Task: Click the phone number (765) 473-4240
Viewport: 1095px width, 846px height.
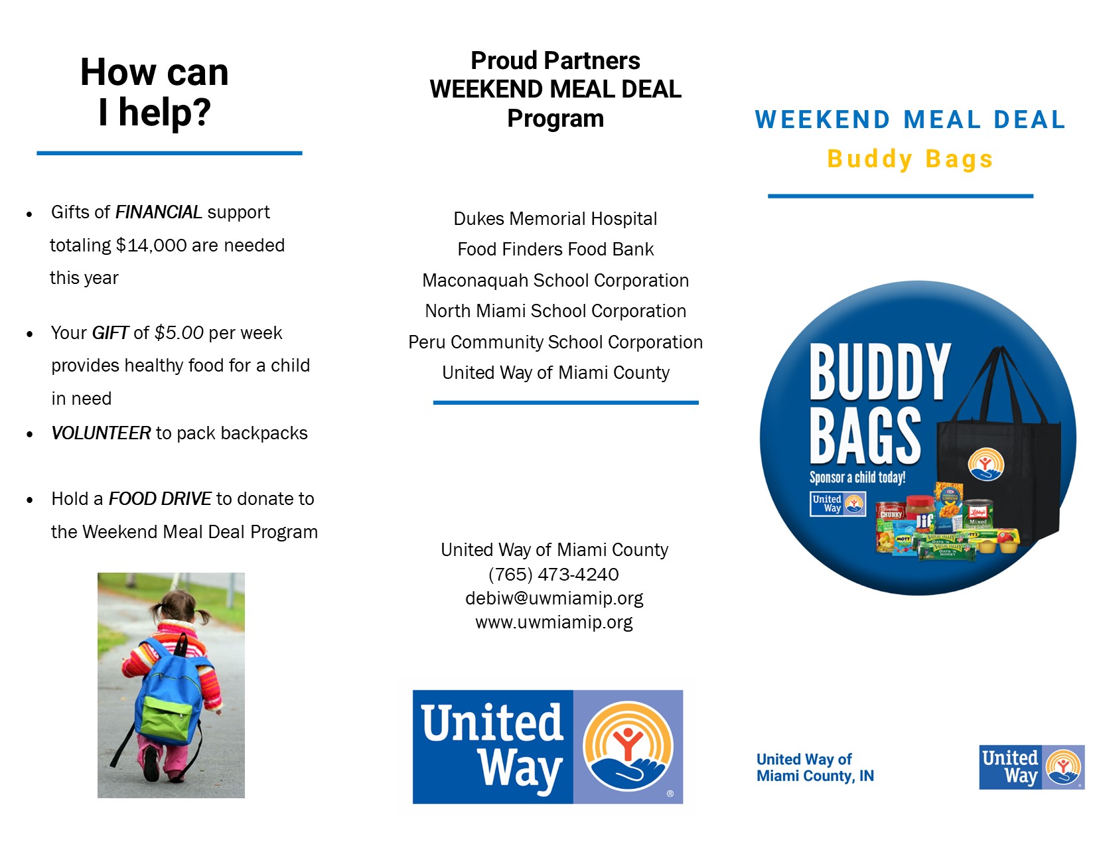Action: point(553,574)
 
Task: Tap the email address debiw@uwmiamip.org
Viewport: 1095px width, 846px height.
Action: point(553,598)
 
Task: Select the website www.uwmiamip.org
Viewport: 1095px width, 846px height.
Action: point(553,622)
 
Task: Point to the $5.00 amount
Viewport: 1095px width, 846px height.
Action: point(179,332)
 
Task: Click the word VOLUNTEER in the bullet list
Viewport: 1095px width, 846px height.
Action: point(101,433)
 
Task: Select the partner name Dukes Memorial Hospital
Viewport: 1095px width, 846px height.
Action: point(555,219)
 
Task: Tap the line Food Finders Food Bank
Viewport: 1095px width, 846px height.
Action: point(555,249)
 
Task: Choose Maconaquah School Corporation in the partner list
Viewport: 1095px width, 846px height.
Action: point(555,280)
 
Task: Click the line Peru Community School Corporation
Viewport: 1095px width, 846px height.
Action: point(555,342)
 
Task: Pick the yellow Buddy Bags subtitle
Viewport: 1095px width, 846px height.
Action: point(910,159)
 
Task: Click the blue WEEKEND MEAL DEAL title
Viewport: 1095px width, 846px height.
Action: point(910,120)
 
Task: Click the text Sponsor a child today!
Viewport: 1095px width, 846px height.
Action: point(857,477)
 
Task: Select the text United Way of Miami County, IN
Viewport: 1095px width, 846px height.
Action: point(815,768)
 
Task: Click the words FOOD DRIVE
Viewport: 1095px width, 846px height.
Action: point(160,499)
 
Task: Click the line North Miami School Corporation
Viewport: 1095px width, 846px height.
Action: point(555,311)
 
